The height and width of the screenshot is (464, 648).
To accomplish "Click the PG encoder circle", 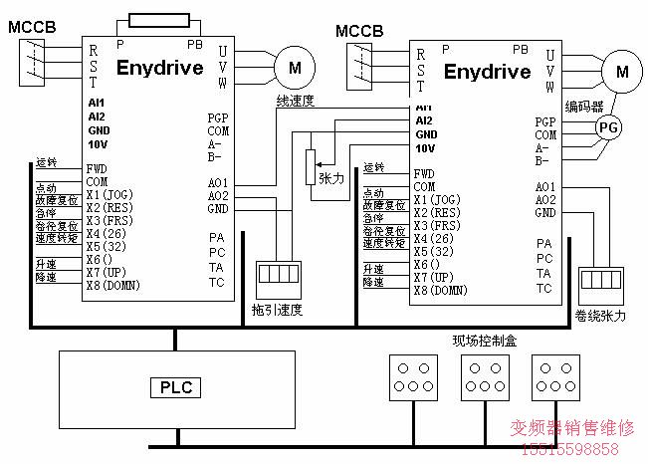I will (x=607, y=126).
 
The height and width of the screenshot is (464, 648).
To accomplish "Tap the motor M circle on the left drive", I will (x=295, y=67).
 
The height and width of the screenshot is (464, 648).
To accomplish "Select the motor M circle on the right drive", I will (x=623, y=71).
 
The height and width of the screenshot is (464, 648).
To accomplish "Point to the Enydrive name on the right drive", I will (x=487, y=72).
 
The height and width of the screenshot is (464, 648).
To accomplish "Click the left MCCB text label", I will (x=31, y=24).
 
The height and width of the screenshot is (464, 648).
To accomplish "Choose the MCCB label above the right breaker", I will (x=359, y=30).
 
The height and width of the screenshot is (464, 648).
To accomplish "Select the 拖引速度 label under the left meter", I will (x=277, y=310).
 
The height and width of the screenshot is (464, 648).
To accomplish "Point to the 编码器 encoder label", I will (x=584, y=106).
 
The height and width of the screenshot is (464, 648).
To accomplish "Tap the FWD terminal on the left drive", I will (x=97, y=168).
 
